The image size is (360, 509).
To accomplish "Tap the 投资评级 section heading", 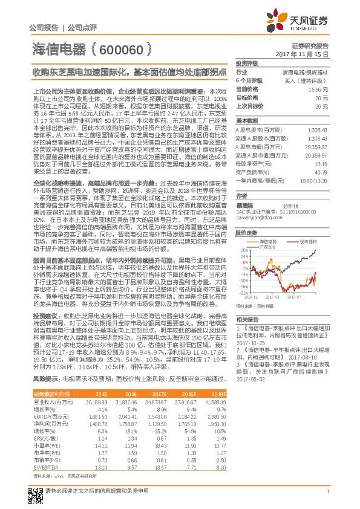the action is (247, 63).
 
